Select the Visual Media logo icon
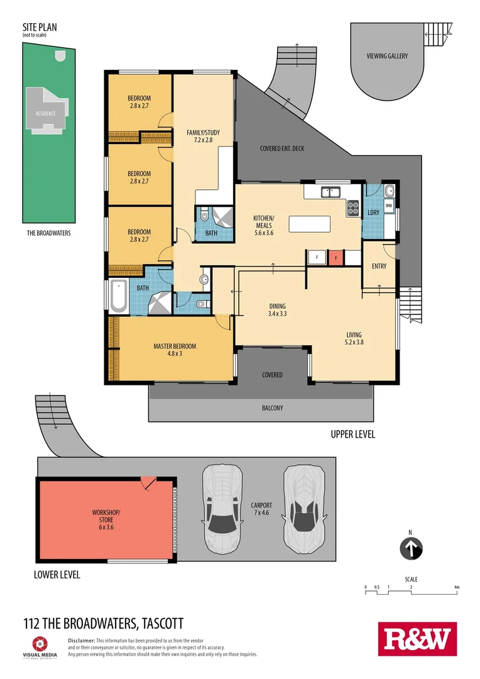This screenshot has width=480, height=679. (40, 643)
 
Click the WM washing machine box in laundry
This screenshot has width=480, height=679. (388, 205)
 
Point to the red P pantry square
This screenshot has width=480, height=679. (336, 257)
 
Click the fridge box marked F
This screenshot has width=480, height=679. (317, 257)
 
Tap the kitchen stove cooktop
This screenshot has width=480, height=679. (352, 207)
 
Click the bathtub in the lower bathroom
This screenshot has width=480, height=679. (119, 298)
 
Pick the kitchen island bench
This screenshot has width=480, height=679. (309, 224)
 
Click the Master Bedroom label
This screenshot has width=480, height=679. (175, 350)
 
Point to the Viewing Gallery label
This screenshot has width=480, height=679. (387, 56)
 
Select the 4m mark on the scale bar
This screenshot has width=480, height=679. (457, 587)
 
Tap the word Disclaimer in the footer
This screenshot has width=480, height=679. (81, 639)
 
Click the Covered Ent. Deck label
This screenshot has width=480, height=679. (282, 149)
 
